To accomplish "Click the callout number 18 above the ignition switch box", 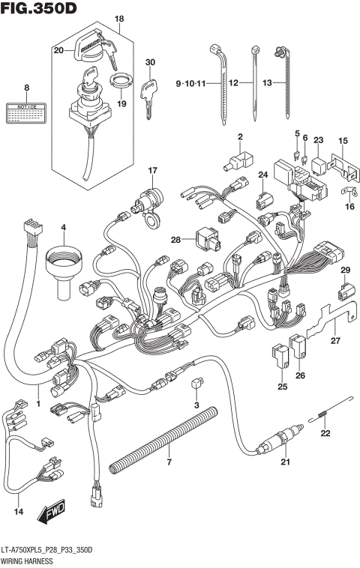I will point(118,17).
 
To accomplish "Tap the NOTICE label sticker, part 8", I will point(26,113).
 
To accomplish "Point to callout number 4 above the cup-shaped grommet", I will point(63,227).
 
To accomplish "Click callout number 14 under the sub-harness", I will point(19,513).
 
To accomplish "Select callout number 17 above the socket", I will point(152,171).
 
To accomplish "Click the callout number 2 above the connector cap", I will point(241,136).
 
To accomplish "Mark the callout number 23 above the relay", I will point(317,140).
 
